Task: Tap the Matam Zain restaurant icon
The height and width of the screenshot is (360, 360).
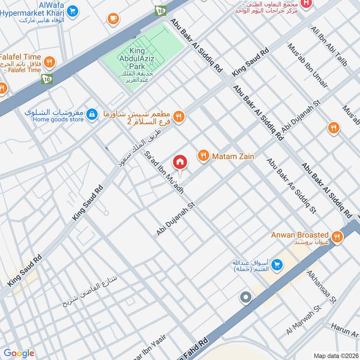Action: point(203,156)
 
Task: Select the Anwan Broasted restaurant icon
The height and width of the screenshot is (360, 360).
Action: point(336,236)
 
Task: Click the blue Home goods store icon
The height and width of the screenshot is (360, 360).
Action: point(92,114)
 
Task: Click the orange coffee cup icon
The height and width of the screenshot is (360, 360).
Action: point(112,18)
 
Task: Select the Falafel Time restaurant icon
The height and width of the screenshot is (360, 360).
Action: point(49,61)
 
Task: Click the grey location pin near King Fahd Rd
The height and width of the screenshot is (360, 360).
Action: point(246,297)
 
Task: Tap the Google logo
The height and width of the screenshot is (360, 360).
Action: point(19,353)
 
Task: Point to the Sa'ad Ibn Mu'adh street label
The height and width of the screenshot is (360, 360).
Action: point(164,172)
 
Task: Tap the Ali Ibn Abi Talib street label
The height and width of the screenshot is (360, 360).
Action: point(329,46)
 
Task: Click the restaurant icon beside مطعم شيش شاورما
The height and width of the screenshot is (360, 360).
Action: point(179,117)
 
